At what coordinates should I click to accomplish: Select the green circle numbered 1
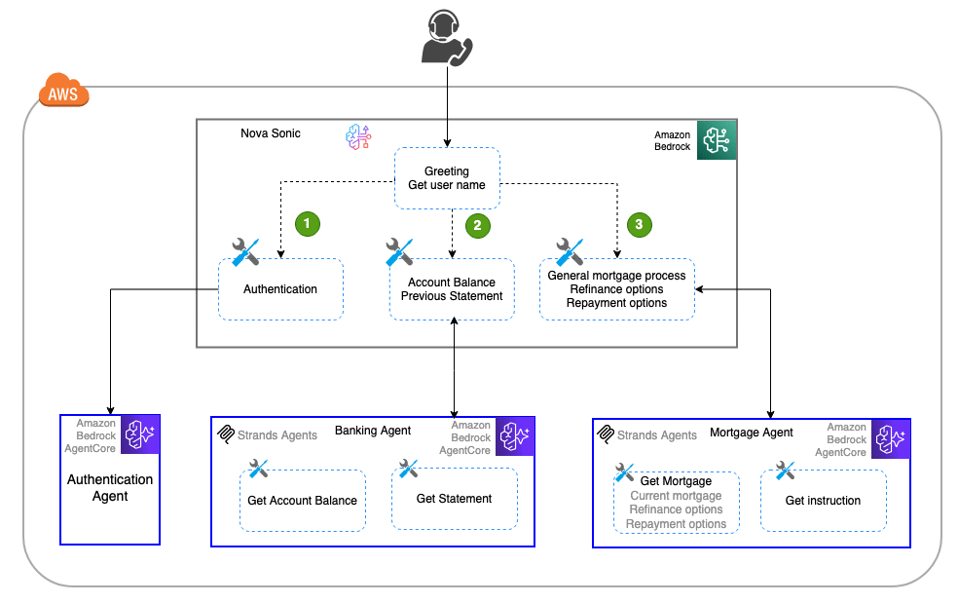pyautogui.click(x=308, y=223)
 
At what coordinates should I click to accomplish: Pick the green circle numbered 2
pyautogui.click(x=477, y=225)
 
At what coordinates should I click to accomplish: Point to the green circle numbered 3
pyautogui.click(x=639, y=224)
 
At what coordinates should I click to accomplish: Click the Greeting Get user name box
pyautogui.click(x=447, y=178)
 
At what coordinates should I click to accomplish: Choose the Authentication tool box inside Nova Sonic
pyautogui.click(x=280, y=289)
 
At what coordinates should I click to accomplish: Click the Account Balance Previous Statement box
pyautogui.click(x=452, y=289)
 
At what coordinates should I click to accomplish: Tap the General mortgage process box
pyautogui.click(x=616, y=289)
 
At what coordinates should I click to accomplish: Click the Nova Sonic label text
pyautogui.click(x=271, y=133)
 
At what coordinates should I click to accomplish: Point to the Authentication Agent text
pyautogui.click(x=110, y=487)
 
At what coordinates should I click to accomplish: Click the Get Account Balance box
pyautogui.click(x=302, y=500)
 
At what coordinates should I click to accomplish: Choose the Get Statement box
pyautogui.click(x=454, y=499)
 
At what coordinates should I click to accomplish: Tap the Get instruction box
pyautogui.click(x=823, y=501)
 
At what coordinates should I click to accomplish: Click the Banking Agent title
pyautogui.click(x=373, y=431)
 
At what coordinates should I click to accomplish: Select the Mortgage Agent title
pyautogui.click(x=752, y=433)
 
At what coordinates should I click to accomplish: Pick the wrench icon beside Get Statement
pyautogui.click(x=409, y=469)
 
